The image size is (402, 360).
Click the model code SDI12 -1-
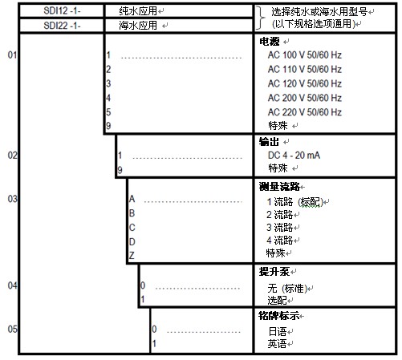62,10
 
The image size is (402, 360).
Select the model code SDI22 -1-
62,26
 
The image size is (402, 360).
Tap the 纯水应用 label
138,11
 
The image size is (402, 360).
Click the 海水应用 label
138,26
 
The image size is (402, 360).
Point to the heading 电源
270,42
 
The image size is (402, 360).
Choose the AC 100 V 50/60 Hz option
305,55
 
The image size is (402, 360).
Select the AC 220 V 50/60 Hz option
305,112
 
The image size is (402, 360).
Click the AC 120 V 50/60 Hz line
305,83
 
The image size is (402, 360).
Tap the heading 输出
269,142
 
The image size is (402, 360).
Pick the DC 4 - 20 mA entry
294,156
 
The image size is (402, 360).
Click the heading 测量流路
279,187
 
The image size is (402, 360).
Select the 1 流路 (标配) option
294,202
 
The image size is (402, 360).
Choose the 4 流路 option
279,241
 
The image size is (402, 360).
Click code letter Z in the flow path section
132,256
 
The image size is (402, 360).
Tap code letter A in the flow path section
132,199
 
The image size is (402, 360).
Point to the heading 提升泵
274,272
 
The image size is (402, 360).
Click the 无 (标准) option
287,289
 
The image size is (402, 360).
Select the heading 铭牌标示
279,316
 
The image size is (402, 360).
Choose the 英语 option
277,344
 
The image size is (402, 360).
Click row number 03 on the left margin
13,199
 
